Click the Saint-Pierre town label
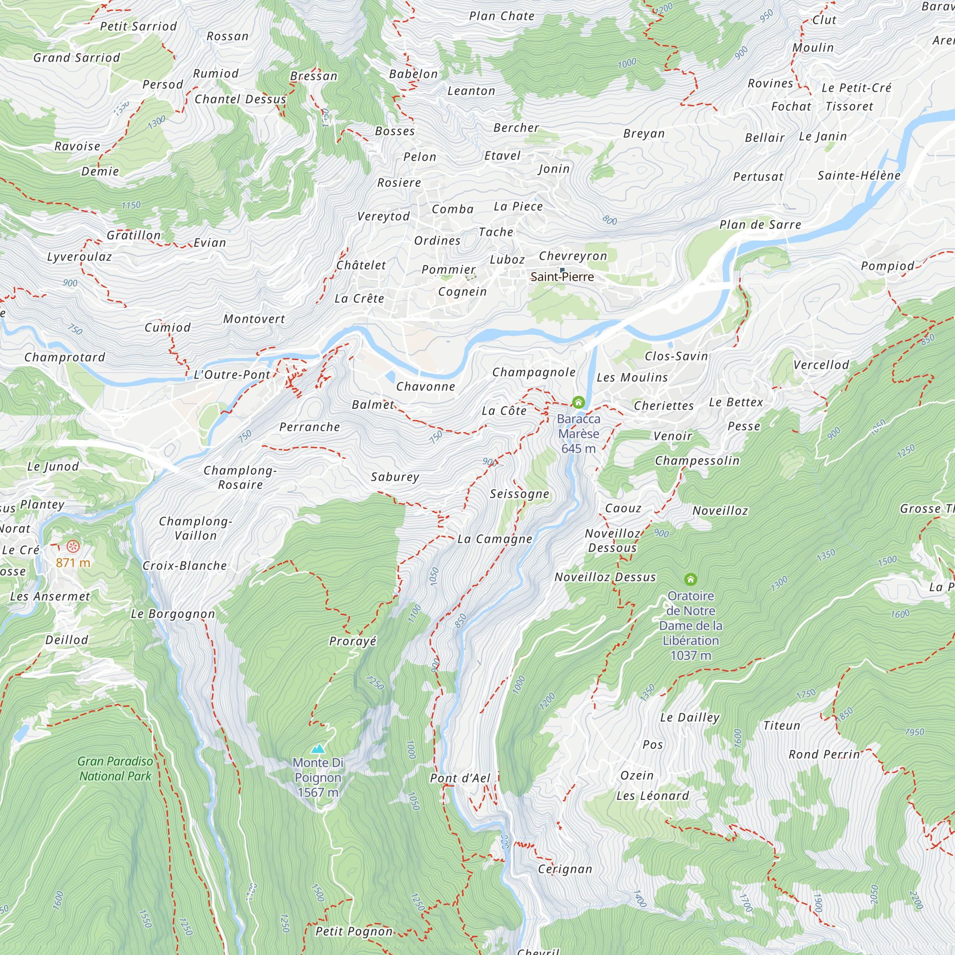562,277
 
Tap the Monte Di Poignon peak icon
318,748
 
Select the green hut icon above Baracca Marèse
578,402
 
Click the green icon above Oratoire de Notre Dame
690,579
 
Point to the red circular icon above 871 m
73,546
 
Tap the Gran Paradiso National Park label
115,769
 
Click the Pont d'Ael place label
460,778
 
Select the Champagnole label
534,372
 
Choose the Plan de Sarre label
760,225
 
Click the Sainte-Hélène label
859,175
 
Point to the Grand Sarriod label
76,58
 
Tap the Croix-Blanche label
184,565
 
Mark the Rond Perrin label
824,754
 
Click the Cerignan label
565,869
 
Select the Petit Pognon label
354,931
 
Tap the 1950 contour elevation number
914,732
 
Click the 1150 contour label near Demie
131,205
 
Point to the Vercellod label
821,365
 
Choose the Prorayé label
352,641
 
